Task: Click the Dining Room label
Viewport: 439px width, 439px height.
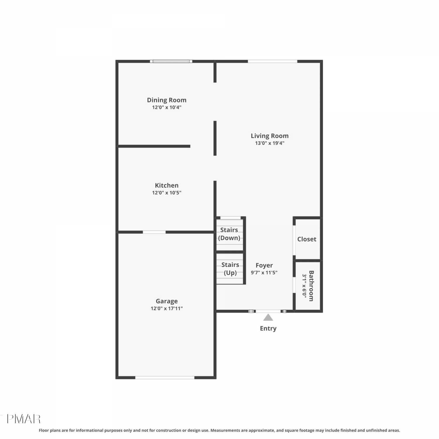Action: [167, 100]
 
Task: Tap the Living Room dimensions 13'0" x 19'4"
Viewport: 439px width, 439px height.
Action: [270, 143]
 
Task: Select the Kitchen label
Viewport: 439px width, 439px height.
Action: [167, 185]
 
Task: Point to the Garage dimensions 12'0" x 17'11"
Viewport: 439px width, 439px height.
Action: [167, 308]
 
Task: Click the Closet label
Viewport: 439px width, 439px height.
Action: [307, 239]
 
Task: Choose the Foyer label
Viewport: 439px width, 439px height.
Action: [264, 265]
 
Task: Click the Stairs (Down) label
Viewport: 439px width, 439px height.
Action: [229, 234]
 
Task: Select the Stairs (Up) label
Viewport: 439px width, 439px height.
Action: [230, 269]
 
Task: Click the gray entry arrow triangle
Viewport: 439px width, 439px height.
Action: [268, 318]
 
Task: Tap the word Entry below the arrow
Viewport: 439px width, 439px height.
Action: [268, 328]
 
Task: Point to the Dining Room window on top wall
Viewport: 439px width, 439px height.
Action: [171, 61]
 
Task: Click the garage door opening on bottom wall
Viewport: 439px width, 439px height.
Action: [165, 378]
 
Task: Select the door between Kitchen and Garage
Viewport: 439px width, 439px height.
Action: [154, 232]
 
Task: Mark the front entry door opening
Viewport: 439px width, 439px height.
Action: [268, 311]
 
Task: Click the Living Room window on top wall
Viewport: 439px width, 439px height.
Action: [272, 61]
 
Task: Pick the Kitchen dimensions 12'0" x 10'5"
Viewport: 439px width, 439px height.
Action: [167, 193]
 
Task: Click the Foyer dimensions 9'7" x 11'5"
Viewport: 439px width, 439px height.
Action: [264, 272]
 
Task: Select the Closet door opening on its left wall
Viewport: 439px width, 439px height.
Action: [294, 240]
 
